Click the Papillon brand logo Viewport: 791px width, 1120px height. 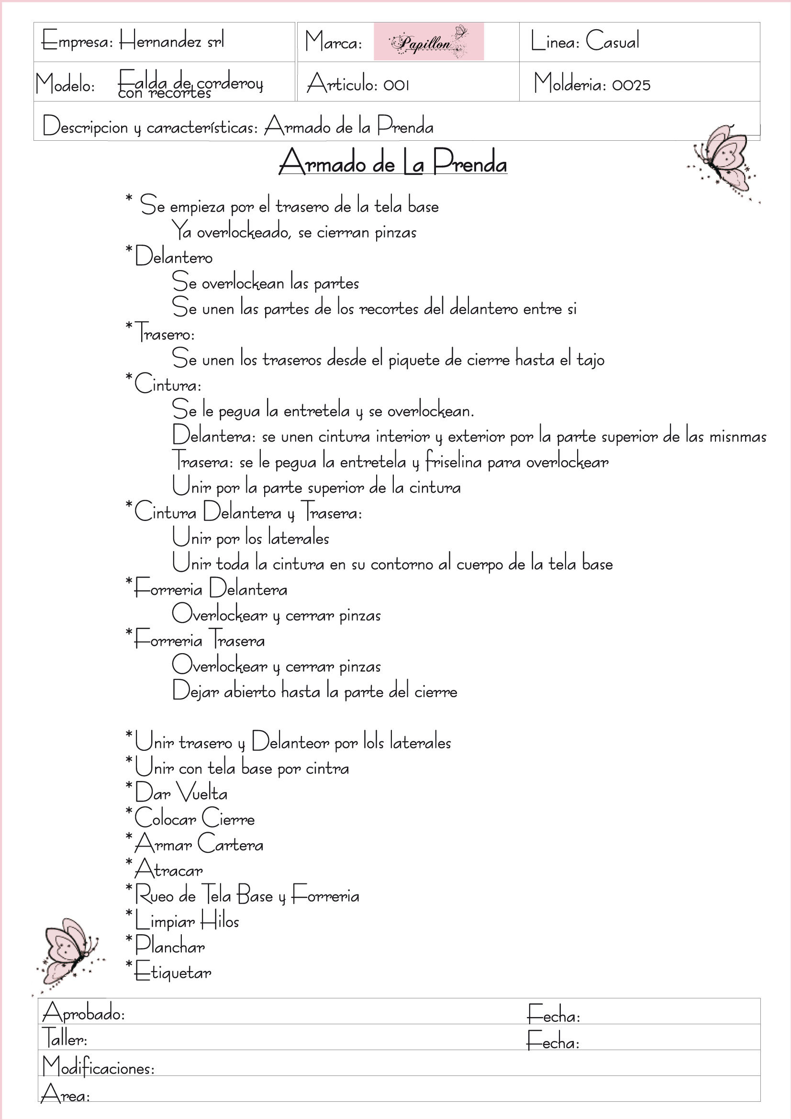click(428, 42)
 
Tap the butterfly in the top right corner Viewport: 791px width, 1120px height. click(723, 161)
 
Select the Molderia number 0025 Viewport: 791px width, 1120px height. click(631, 85)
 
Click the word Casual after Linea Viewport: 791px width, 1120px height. click(612, 41)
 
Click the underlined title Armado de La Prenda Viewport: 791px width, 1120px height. click(393, 163)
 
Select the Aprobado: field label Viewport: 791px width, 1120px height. click(84, 1014)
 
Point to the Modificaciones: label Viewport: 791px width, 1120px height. click(99, 1066)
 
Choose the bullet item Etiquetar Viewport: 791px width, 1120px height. click(173, 972)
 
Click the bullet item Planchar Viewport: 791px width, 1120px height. click(169, 946)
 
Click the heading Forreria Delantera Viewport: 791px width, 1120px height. click(211, 589)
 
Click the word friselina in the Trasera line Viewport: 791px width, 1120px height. click(454, 462)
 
